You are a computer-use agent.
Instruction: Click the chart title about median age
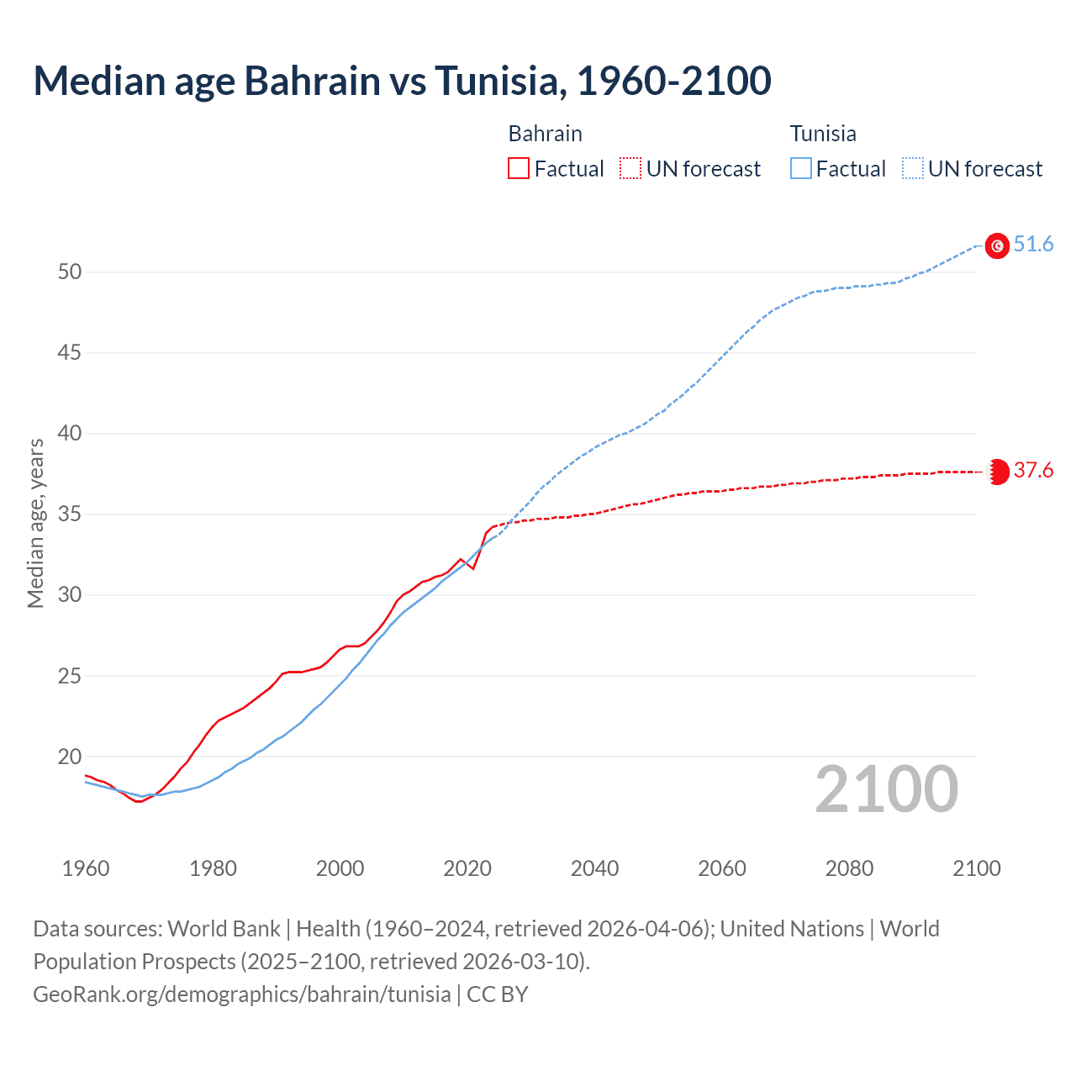(x=402, y=81)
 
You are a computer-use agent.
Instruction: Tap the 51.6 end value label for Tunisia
(x=1033, y=245)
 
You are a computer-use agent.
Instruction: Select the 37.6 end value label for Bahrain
(x=1033, y=470)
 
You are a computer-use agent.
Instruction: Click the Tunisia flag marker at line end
(x=997, y=245)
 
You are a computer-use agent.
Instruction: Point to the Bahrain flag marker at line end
(x=997, y=472)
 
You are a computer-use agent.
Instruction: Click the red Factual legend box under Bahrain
(x=519, y=169)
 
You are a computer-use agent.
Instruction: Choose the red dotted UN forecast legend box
(x=630, y=169)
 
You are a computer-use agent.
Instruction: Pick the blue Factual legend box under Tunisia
(x=801, y=169)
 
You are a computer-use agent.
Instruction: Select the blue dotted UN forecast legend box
(x=913, y=169)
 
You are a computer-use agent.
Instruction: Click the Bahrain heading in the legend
(x=545, y=134)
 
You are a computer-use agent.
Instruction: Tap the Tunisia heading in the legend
(x=822, y=134)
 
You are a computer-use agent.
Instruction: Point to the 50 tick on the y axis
(x=70, y=272)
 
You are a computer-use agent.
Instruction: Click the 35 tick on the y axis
(x=70, y=514)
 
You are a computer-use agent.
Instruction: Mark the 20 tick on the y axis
(x=70, y=757)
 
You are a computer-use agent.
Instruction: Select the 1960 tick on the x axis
(x=86, y=868)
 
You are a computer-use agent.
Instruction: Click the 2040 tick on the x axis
(x=594, y=868)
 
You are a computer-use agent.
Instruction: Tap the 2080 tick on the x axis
(x=849, y=868)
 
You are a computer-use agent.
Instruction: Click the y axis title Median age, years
(x=35, y=523)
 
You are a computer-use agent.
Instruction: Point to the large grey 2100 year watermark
(x=886, y=789)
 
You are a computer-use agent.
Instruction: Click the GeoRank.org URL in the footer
(x=242, y=994)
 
